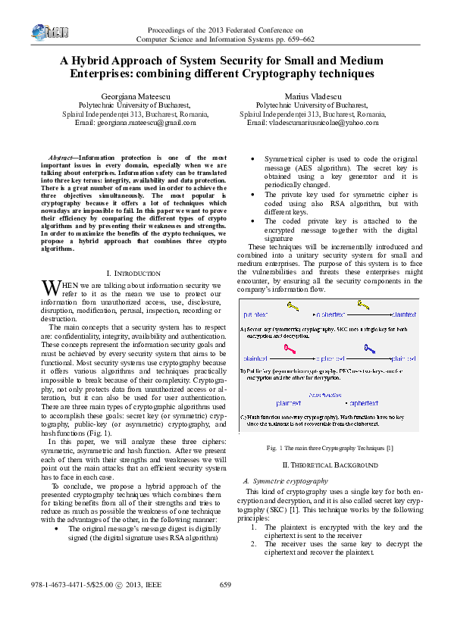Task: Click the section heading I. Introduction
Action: click(133, 273)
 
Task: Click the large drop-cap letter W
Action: click(49, 288)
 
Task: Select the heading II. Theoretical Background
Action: click(330, 464)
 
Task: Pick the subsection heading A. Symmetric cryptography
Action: click(285, 481)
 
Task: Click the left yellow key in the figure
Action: click(293, 305)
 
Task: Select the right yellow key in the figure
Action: click(364, 305)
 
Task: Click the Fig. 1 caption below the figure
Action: click(330, 449)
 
